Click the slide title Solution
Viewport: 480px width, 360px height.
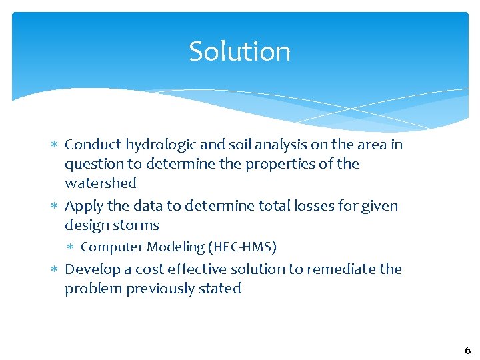click(x=239, y=51)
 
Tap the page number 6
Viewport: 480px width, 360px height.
click(x=467, y=350)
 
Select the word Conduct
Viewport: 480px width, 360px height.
click(x=93, y=145)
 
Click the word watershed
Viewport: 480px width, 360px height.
click(x=101, y=183)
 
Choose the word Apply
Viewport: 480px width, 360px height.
click(x=83, y=206)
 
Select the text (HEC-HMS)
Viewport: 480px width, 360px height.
click(x=242, y=247)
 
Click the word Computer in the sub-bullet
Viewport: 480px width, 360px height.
click(x=111, y=247)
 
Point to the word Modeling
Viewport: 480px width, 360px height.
click(x=176, y=247)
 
